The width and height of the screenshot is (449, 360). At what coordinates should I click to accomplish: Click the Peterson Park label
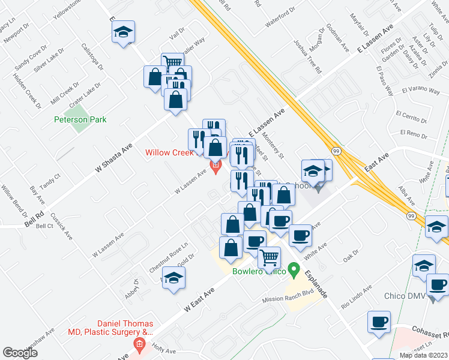[x=80, y=119]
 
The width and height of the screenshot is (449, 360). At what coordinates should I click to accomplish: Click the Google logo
[x=20, y=353]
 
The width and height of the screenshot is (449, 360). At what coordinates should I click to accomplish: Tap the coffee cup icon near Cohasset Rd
[x=379, y=322]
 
